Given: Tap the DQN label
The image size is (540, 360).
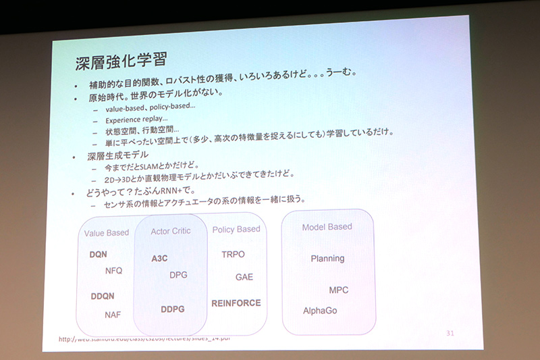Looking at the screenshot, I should (99, 255).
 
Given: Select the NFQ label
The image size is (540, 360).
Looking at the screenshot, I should (114, 270).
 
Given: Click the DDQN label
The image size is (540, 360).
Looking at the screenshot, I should (103, 296).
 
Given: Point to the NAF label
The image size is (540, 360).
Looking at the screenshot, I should (113, 314).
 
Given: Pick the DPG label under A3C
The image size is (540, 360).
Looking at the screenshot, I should (178, 274).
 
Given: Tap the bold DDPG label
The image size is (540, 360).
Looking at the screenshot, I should (173, 309).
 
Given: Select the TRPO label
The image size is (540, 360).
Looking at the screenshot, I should (233, 255).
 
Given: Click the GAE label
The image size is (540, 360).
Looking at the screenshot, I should (244, 277).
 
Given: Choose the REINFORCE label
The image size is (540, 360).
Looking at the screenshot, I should (236, 303).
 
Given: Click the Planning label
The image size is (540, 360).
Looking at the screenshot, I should (327, 258).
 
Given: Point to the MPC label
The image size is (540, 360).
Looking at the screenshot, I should (338, 290).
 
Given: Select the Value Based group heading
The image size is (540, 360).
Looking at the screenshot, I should (107, 233).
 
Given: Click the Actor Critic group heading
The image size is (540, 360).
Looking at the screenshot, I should (171, 231).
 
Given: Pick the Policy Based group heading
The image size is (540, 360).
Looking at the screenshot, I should (236, 230).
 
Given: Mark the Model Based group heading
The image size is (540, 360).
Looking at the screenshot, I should (327, 227).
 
